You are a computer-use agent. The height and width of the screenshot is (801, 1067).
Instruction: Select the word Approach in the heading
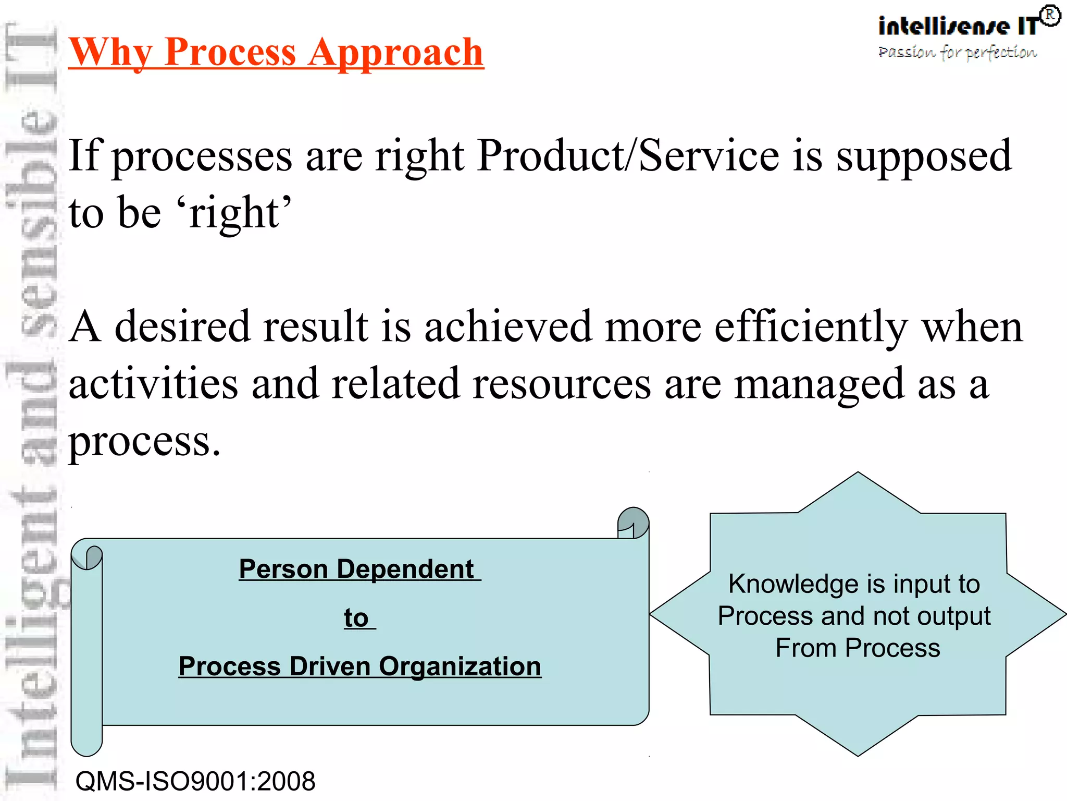point(395,52)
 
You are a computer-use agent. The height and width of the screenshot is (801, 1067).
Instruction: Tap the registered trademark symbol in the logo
point(1050,16)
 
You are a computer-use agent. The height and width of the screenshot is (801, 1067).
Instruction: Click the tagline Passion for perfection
point(957,52)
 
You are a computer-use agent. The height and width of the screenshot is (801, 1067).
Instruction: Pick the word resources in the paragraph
point(562,384)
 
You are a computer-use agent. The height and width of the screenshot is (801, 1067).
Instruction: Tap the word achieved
point(508,326)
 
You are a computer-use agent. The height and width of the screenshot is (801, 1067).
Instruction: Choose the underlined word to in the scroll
point(356,618)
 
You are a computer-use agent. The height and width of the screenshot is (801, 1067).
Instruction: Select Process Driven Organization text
point(359,666)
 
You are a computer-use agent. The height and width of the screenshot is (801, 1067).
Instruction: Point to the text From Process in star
point(858,648)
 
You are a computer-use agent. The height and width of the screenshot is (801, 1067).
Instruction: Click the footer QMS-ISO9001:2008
point(195,781)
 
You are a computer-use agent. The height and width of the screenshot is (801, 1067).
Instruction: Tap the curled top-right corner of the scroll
point(633,522)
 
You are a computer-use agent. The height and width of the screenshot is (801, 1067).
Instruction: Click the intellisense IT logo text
point(958,26)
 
